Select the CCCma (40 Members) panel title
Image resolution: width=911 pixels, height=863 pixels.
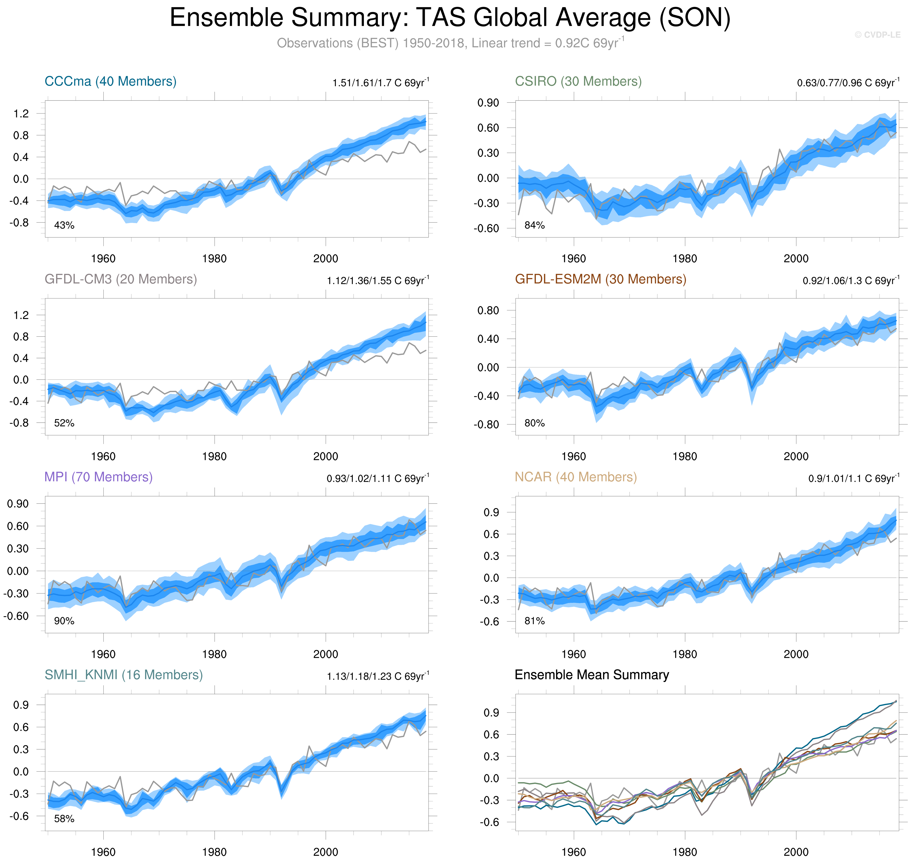tap(110, 82)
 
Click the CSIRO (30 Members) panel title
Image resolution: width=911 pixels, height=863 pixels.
tap(578, 82)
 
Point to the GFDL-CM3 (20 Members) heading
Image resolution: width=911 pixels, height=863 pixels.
tap(121, 279)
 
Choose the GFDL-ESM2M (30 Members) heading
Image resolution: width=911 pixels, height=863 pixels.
tap(600, 279)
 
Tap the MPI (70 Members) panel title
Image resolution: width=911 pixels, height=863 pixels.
tap(98, 477)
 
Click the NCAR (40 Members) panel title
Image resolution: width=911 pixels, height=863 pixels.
tap(576, 477)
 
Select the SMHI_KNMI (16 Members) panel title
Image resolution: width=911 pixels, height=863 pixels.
tap(123, 675)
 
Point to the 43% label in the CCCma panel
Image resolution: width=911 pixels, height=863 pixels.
tap(64, 225)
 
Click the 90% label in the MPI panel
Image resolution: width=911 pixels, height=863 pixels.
tap(64, 621)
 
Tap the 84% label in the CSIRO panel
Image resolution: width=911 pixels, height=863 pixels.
tap(534, 225)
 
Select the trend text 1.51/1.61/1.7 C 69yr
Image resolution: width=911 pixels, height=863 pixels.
tap(380, 83)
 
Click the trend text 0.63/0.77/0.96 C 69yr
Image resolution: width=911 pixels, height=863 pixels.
tap(847, 83)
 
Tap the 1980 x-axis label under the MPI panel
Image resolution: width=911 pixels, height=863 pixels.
tap(214, 654)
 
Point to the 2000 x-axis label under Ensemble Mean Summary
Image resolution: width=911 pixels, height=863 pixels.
tap(796, 852)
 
